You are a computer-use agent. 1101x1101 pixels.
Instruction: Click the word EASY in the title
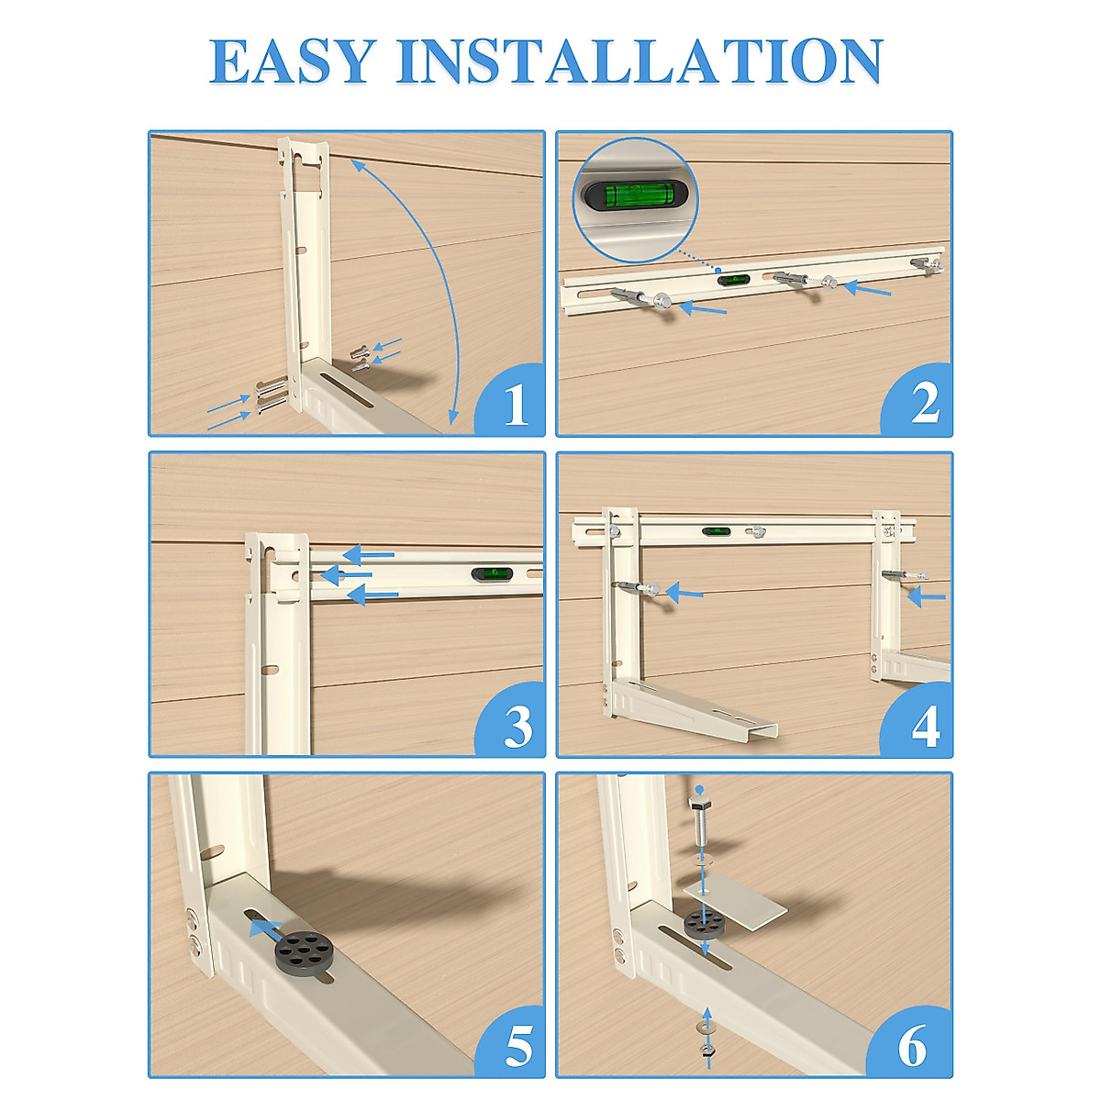click(293, 61)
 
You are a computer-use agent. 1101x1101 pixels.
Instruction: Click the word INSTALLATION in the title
click(639, 61)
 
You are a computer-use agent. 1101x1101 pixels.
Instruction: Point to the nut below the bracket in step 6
click(707, 1053)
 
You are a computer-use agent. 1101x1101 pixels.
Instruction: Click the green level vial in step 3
click(493, 573)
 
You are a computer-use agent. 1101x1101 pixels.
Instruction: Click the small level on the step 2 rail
click(733, 278)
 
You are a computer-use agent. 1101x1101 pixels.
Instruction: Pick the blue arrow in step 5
click(267, 929)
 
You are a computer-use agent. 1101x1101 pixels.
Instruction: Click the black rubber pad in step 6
click(705, 925)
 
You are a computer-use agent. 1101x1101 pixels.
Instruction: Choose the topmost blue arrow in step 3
click(369, 554)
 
